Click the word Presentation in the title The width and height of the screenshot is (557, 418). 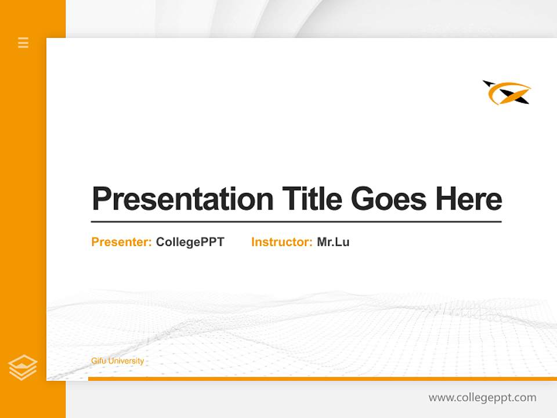point(183,199)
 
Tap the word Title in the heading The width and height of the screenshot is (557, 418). point(312,199)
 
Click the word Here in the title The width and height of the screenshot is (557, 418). point(468,199)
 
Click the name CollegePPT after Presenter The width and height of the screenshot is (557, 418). point(190,242)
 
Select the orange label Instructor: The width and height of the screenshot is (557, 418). point(281,242)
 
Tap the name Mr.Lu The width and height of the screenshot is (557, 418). point(333,242)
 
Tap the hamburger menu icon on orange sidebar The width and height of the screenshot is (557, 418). point(23,42)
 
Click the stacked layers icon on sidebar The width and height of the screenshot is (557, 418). point(23,367)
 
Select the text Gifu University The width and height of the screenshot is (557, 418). point(117,361)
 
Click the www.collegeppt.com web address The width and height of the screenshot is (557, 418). point(482,398)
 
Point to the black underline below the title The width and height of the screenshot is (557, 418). point(296,222)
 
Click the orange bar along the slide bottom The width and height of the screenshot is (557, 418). point(322,379)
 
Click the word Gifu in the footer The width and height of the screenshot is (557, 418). point(97,361)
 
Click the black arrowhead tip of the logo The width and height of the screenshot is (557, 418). point(486,84)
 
